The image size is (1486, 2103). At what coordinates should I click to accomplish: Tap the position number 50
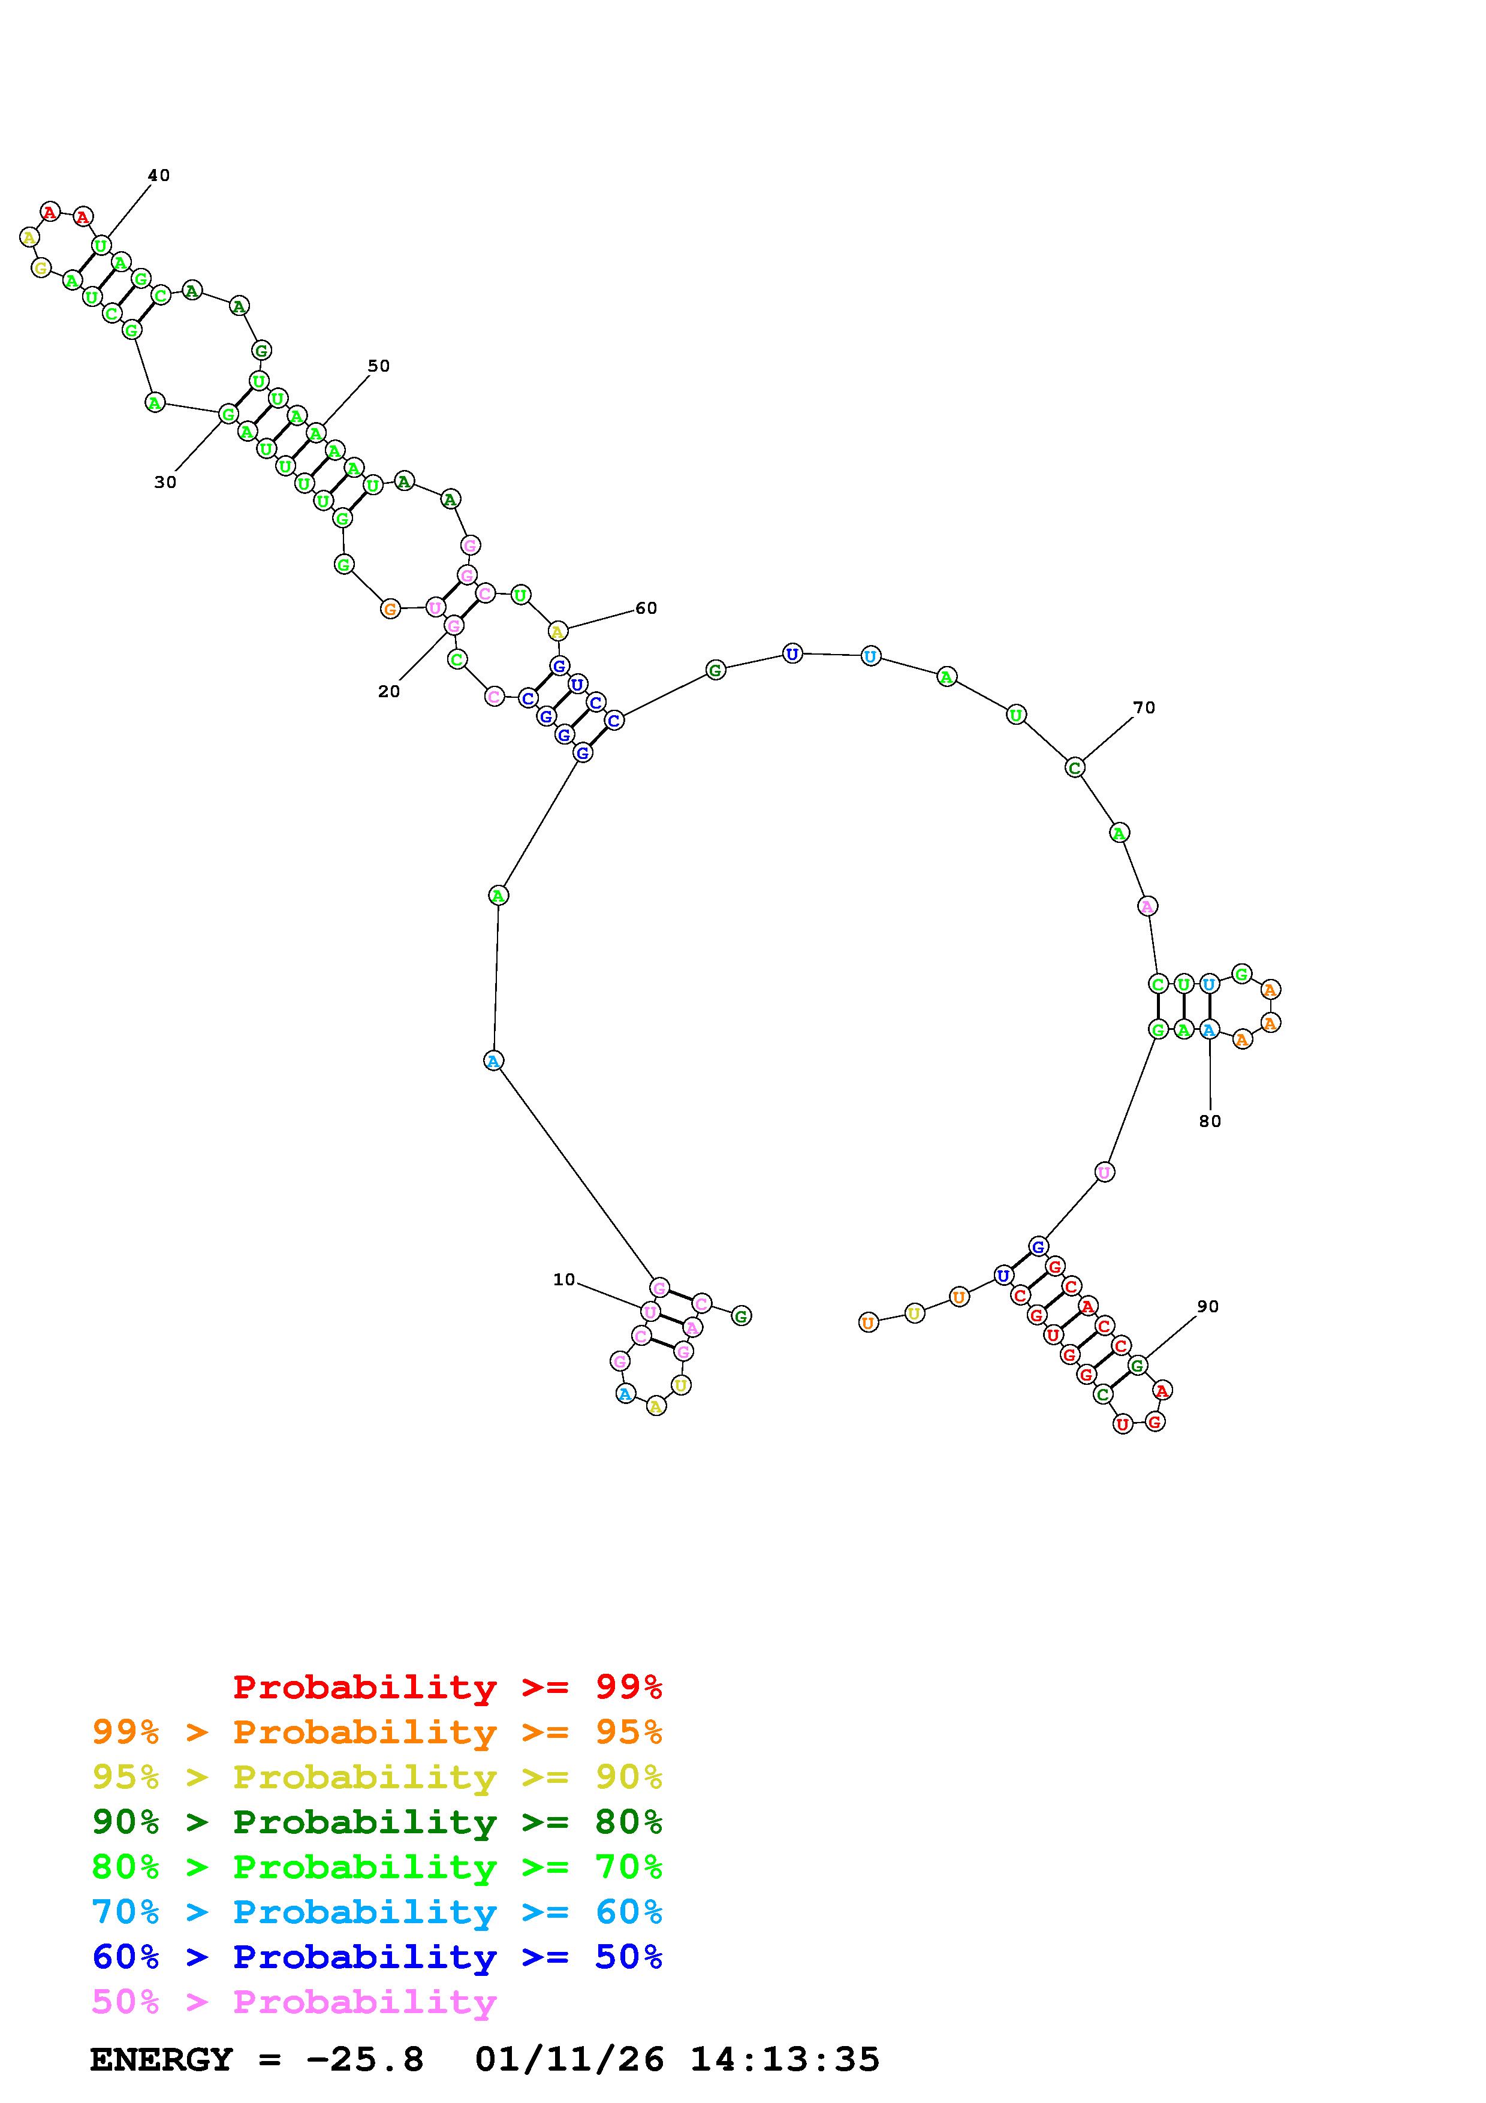[x=378, y=366]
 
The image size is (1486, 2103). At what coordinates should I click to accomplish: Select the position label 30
[x=165, y=482]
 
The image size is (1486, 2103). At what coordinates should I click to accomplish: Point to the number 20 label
[x=389, y=692]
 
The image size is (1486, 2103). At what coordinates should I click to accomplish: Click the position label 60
[x=646, y=608]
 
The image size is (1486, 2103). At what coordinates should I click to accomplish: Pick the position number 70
[x=1144, y=707]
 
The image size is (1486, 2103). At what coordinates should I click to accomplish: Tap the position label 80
[x=1210, y=1121]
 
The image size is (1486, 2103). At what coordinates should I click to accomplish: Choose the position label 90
[x=1208, y=1306]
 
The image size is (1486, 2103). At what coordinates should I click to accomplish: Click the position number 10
[x=564, y=1279]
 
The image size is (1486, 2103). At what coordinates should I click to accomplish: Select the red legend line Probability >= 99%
[x=448, y=1687]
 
